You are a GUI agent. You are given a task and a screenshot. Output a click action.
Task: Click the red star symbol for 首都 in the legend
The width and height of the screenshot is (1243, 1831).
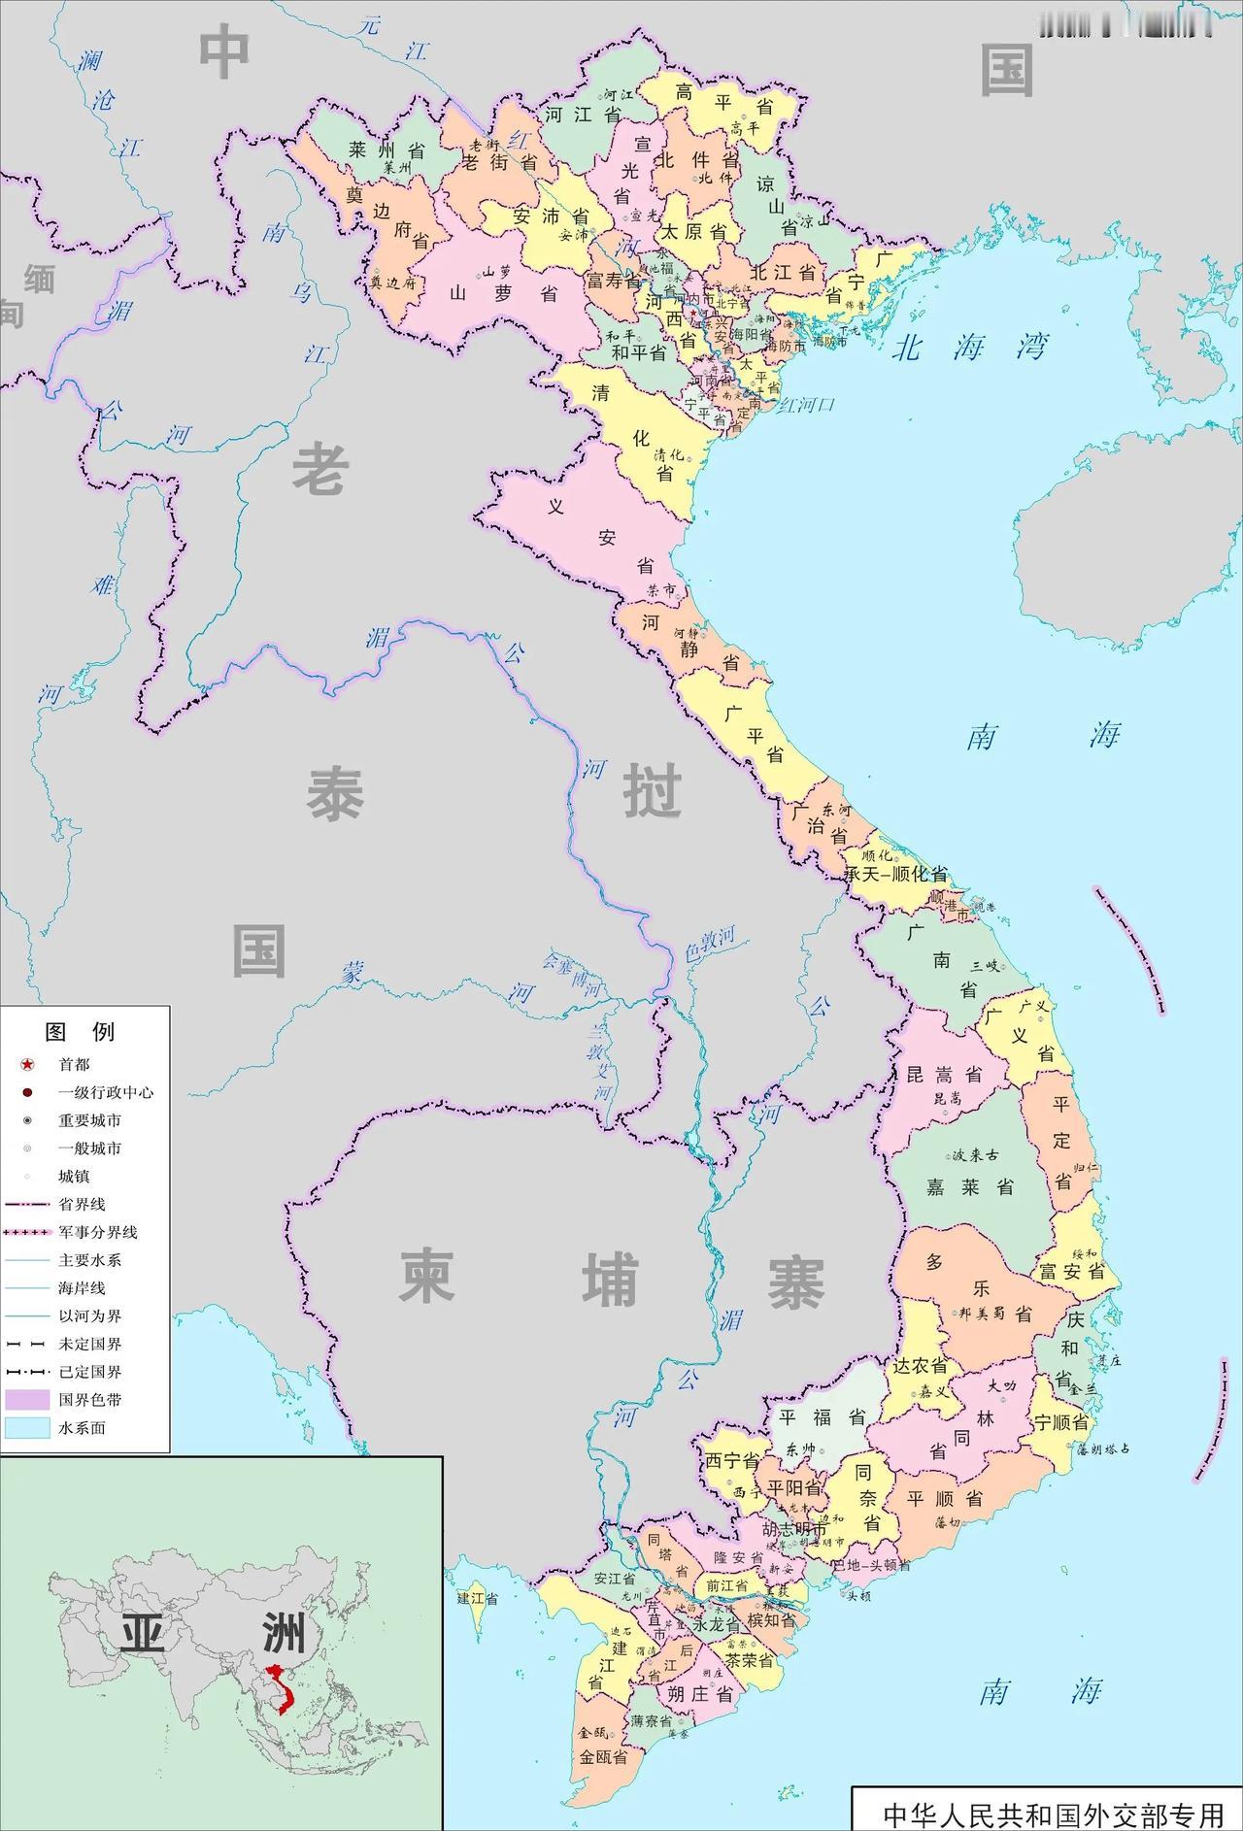(x=27, y=1065)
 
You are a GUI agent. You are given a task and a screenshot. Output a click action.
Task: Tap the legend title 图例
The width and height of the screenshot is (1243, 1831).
(x=80, y=1031)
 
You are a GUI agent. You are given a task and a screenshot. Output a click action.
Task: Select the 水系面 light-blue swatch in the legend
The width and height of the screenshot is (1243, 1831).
(x=27, y=1428)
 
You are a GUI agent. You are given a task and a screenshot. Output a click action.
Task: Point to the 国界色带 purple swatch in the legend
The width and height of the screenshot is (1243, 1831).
(x=27, y=1400)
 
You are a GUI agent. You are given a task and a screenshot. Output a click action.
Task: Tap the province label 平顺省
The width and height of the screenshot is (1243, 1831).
(x=944, y=1498)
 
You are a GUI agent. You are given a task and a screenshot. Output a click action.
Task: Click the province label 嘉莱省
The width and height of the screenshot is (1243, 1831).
(x=969, y=1186)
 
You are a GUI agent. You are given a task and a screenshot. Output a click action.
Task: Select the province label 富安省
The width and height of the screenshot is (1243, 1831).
(x=1072, y=1271)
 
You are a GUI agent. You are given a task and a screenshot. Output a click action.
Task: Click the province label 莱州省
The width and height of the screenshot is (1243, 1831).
(x=387, y=150)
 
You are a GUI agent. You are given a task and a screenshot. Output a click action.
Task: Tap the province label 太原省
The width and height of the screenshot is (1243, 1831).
(x=694, y=233)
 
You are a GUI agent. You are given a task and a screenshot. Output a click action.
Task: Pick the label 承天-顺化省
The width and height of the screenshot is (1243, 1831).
(x=895, y=874)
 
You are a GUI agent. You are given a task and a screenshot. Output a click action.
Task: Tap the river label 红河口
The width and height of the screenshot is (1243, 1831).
(x=805, y=404)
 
